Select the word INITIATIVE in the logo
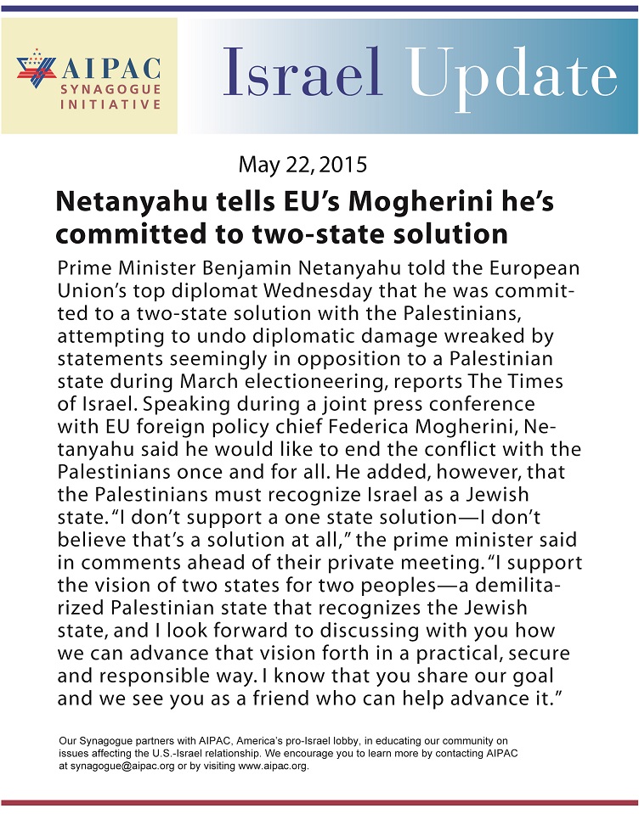coord(110,104)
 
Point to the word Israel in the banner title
coord(303,73)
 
